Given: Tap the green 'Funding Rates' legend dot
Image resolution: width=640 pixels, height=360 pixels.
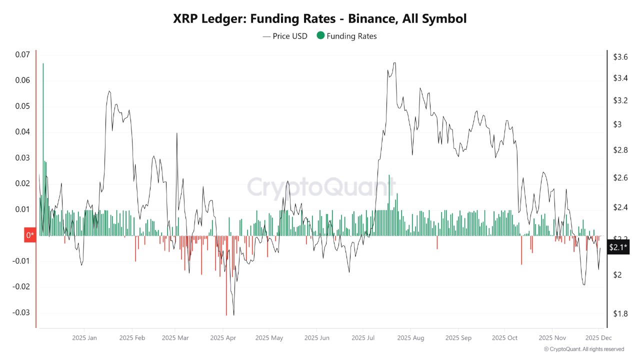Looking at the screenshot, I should point(320,35).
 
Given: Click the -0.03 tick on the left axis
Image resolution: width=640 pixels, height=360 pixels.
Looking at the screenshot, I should point(21,312).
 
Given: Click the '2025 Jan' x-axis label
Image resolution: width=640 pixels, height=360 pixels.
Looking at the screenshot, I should point(84,338).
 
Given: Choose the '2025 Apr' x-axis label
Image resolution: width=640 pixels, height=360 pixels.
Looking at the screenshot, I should point(223,338).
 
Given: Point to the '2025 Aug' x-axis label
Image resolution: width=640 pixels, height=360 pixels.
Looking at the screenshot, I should point(410,338).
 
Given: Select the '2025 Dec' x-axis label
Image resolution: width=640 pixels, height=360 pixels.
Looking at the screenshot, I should point(599,338).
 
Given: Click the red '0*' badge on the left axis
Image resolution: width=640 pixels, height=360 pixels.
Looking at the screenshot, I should point(30,235).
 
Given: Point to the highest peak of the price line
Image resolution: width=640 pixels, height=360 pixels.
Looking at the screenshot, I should point(394,63).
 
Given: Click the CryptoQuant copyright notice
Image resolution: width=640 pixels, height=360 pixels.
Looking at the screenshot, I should point(583,349).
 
